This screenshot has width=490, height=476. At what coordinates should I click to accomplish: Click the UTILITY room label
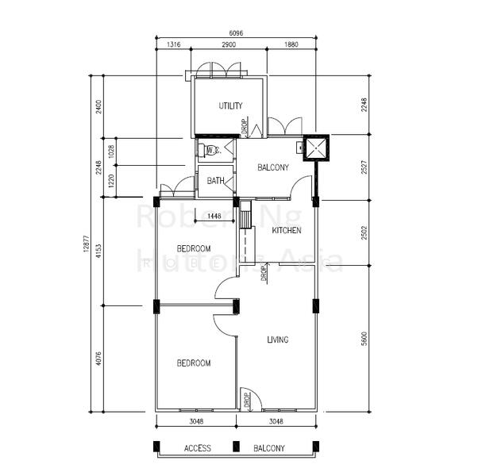tap(230, 106)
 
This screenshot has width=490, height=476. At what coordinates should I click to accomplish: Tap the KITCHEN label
tap(286, 230)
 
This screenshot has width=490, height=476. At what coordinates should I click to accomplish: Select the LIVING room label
tap(277, 340)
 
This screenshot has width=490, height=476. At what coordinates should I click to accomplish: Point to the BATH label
tap(215, 181)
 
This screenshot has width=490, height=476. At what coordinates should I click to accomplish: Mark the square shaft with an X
tap(317, 148)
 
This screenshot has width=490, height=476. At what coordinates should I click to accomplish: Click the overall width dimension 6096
tap(236, 33)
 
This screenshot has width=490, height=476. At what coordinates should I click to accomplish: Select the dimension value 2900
tap(229, 45)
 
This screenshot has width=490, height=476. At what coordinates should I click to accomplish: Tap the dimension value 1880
tap(291, 45)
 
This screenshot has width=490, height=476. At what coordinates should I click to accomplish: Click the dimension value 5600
tap(363, 338)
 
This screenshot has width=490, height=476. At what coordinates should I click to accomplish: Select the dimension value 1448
tap(214, 216)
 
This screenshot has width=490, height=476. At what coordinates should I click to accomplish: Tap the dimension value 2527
tap(363, 167)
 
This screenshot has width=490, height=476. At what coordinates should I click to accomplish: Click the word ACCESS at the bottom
tap(197, 448)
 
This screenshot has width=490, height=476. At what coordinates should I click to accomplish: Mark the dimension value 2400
tap(98, 106)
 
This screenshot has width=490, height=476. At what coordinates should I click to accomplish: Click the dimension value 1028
tap(111, 149)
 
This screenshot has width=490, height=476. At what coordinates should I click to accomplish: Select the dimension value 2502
tap(363, 232)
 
